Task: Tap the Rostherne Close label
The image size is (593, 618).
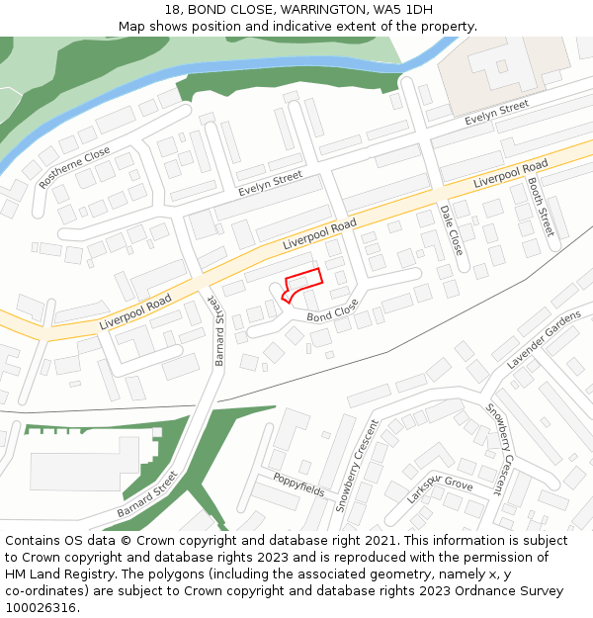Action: pyautogui.click(x=75, y=167)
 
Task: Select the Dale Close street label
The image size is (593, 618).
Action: pyautogui.click(x=451, y=230)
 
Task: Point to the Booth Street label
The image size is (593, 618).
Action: pyautogui.click(x=541, y=207)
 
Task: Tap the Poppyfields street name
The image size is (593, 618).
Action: pyautogui.click(x=299, y=485)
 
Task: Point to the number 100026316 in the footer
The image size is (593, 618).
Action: pyautogui.click(x=41, y=608)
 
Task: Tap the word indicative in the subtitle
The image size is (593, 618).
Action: pyautogui.click(x=342, y=27)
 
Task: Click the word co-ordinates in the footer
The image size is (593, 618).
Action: pyautogui.click(x=42, y=591)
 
